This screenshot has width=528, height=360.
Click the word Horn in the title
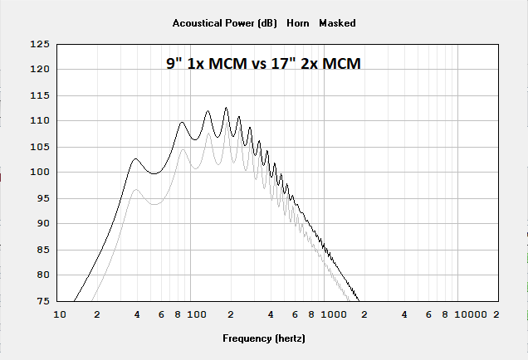coord(298,23)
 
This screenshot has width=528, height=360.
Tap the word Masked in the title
coord(337,23)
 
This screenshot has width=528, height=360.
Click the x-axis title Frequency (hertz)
coord(264,338)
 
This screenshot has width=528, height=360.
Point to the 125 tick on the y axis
coord(39,43)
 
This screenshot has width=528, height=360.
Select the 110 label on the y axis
coord(39,120)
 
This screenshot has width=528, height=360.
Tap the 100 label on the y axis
coord(39,172)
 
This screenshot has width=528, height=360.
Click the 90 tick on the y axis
coord(42,223)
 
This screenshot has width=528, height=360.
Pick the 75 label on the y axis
coord(42,301)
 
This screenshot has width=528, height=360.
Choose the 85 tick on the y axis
coord(42,250)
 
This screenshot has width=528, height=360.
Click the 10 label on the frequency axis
coord(59,315)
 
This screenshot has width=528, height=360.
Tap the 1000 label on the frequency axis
coord(334,315)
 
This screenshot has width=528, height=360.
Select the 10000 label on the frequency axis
coord(469,315)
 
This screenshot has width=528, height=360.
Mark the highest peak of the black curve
coord(226,107)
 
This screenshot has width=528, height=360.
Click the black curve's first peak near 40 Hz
coord(136,158)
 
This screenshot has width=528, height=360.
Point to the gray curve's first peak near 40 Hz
coord(137,189)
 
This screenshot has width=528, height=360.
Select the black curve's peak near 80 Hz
coord(182,123)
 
